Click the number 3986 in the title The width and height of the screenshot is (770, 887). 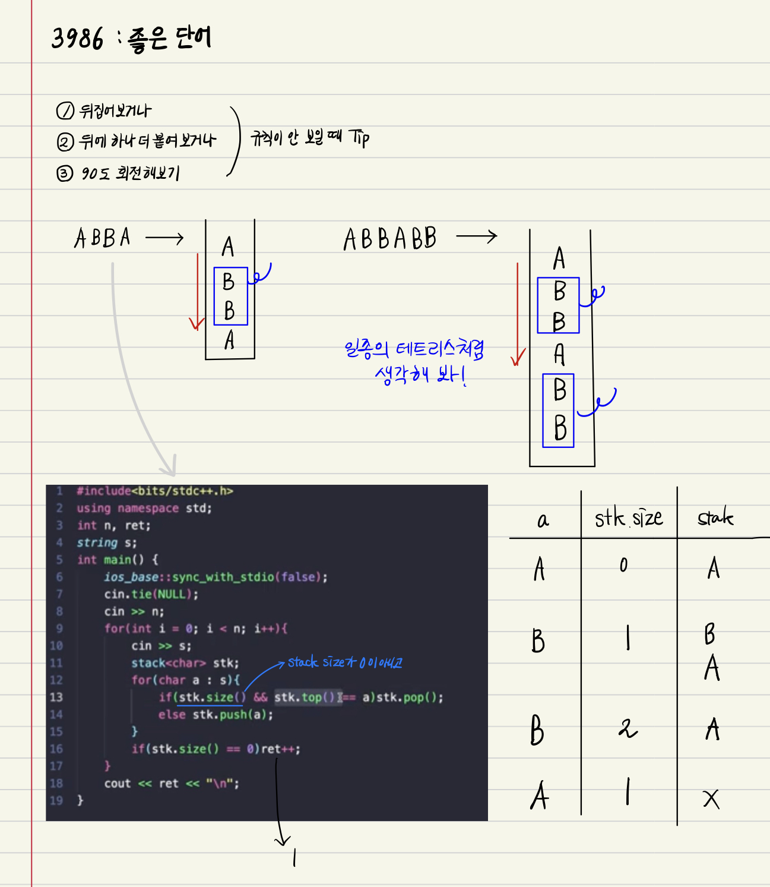pyautogui.click(x=77, y=39)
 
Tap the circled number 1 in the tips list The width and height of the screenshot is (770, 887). pyautogui.click(x=65, y=111)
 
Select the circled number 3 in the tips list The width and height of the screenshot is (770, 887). pyautogui.click(x=64, y=173)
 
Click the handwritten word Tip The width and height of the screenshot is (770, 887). pyautogui.click(x=359, y=138)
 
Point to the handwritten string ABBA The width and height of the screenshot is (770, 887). pyautogui.click(x=102, y=238)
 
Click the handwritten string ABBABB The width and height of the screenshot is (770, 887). pyautogui.click(x=389, y=239)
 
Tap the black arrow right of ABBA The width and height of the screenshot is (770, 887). pyautogui.click(x=164, y=239)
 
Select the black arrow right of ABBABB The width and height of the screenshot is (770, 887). pyautogui.click(x=476, y=236)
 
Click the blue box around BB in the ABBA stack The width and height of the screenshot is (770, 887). pyautogui.click(x=230, y=296)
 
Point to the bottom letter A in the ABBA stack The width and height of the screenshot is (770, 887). pyautogui.click(x=229, y=340)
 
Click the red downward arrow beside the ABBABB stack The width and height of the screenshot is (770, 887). pyautogui.click(x=518, y=315)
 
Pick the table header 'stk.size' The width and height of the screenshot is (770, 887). pyautogui.click(x=628, y=518)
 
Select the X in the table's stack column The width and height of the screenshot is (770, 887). pyautogui.click(x=711, y=799)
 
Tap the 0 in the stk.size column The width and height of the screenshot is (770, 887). pyautogui.click(x=623, y=565)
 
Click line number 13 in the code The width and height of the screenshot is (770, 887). pyautogui.click(x=56, y=697)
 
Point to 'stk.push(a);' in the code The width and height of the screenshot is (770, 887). pyautogui.click(x=233, y=714)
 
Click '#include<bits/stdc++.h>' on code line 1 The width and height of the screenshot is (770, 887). pyautogui.click(x=155, y=491)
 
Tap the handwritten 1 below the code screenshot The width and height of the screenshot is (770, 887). pyautogui.click(x=294, y=857)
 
